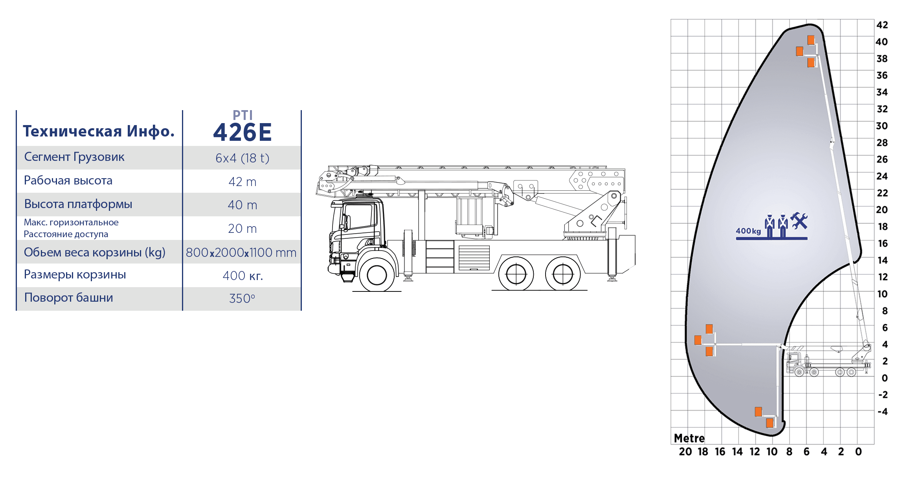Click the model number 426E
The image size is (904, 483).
(x=242, y=132)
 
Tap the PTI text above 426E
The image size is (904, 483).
(x=243, y=115)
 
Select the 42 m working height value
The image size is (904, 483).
(x=242, y=182)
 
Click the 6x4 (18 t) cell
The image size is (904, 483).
(x=242, y=158)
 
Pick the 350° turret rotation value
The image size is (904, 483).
(x=242, y=299)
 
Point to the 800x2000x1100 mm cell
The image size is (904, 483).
(x=241, y=253)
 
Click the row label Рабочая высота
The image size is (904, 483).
(x=68, y=181)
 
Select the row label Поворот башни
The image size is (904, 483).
(x=68, y=298)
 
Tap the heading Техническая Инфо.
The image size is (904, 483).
(x=99, y=131)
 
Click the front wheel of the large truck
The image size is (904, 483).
(x=377, y=274)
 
